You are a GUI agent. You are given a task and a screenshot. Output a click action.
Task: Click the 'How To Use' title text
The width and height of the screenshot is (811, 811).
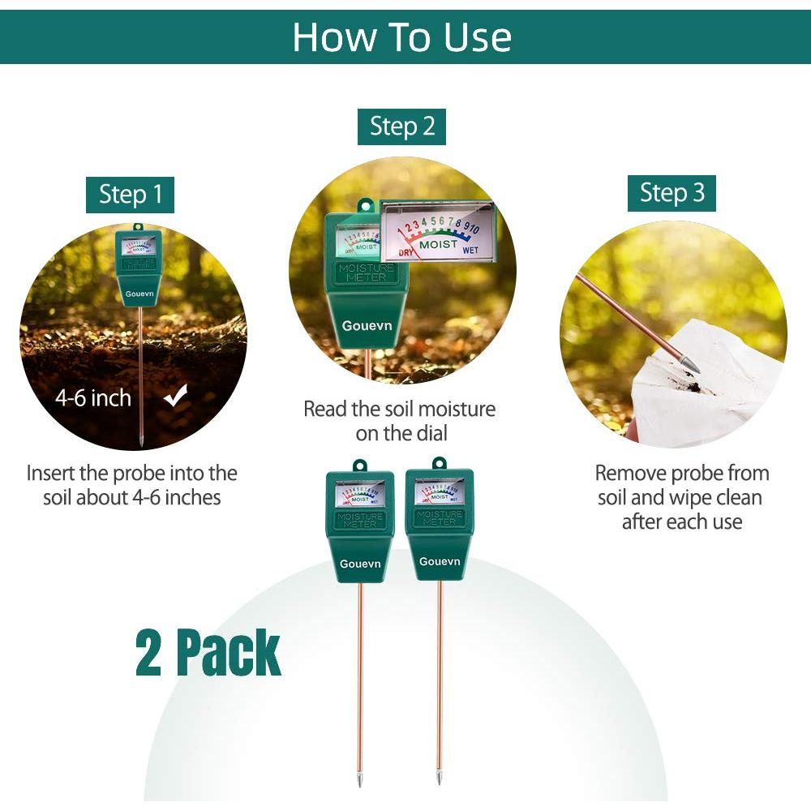401,37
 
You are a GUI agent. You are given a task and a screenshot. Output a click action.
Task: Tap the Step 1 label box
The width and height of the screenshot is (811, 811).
130,195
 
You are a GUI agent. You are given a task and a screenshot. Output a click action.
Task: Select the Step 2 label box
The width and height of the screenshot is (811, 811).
401,127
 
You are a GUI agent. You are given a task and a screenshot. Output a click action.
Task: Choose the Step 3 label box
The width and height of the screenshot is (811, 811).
672,193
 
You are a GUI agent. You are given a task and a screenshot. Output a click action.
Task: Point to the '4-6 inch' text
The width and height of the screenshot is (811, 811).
93,398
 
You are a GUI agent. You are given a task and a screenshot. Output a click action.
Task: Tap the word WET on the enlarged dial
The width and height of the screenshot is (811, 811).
470,251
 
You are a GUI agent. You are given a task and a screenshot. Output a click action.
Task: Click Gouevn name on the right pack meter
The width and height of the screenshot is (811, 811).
440,561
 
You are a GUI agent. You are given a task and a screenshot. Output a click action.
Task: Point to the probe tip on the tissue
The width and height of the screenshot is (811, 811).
691,367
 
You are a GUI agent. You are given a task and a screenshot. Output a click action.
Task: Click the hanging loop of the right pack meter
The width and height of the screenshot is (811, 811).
440,463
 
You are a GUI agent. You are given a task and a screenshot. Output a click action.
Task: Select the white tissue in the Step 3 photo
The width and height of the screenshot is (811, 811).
714,389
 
